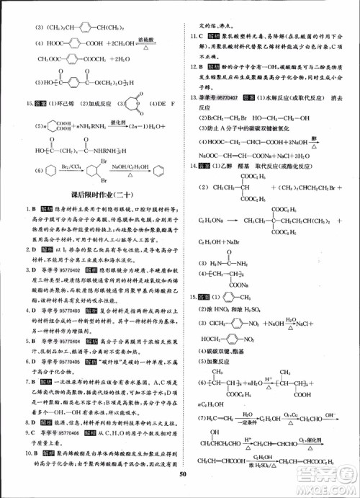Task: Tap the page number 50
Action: click(x=184, y=492)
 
